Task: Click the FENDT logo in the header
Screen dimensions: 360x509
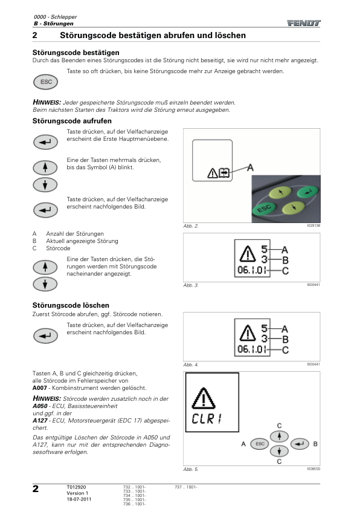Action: pyautogui.click(x=304, y=23)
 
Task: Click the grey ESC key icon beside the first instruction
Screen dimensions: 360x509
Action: pyautogui.click(x=45, y=82)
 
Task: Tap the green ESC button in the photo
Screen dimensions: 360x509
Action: pyautogui.click(x=264, y=208)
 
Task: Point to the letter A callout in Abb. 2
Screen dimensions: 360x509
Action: pyautogui.click(x=250, y=167)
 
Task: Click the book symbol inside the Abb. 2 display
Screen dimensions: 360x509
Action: pyautogui.click(x=224, y=173)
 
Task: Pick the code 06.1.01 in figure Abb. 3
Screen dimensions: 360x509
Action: pyautogui.click(x=252, y=270)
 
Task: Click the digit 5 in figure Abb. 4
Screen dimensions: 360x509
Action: pyautogui.click(x=265, y=328)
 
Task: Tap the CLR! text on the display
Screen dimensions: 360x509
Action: pyautogui.click(x=207, y=418)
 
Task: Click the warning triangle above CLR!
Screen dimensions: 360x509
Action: pyautogui.click(x=204, y=398)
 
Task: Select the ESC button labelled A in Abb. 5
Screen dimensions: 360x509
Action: pyautogui.click(x=260, y=444)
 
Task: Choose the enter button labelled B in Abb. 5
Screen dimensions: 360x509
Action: pyautogui.click(x=300, y=444)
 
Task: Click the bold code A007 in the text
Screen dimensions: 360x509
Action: pyautogui.click(x=40, y=388)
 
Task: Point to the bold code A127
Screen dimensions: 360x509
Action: pyautogui.click(x=40, y=420)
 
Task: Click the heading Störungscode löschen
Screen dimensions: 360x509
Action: pyautogui.click(x=71, y=305)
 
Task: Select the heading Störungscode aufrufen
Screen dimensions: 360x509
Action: pyautogui.click(x=72, y=121)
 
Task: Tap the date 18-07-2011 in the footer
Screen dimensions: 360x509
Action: pyautogui.click(x=79, y=499)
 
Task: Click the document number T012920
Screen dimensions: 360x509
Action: pyautogui.click(x=76, y=487)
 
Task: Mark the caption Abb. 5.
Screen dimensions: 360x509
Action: pyautogui.click(x=191, y=469)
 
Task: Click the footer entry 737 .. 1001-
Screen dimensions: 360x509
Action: pyautogui.click(x=186, y=487)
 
